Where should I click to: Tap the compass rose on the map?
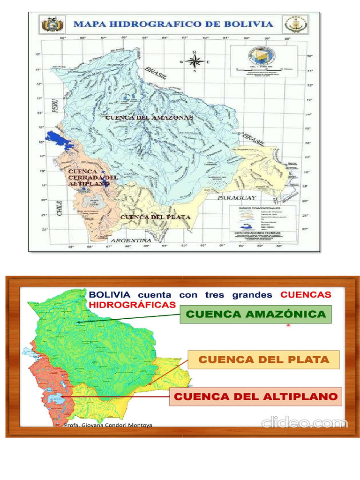(x=195, y=61)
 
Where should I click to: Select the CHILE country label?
(x=59, y=206)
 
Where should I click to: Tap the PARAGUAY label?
(x=237, y=198)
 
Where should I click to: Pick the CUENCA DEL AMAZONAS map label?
(x=149, y=118)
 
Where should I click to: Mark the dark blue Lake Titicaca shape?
(x=63, y=139)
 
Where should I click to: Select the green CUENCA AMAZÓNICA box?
(x=255, y=315)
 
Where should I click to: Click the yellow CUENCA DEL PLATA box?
(x=263, y=360)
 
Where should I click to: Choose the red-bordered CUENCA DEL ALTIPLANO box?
(x=255, y=397)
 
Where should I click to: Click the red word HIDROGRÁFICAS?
(x=132, y=305)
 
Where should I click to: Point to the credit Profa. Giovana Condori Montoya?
(x=108, y=425)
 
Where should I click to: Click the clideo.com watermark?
(x=305, y=423)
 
